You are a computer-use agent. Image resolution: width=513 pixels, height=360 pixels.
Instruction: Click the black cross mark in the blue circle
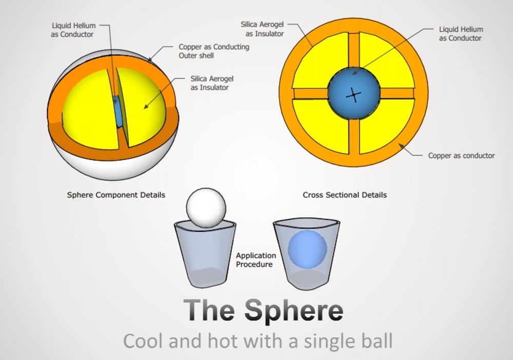click(353, 94)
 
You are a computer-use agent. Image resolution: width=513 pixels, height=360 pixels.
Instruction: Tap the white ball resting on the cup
click(206, 207)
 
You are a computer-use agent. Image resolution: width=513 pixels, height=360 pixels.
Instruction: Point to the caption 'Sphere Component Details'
click(116, 195)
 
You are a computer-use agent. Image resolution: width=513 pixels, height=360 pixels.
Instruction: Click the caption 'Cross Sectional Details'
click(345, 195)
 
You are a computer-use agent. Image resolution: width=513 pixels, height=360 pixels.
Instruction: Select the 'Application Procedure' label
click(256, 259)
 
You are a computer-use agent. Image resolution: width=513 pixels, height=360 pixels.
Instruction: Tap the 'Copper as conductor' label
click(461, 155)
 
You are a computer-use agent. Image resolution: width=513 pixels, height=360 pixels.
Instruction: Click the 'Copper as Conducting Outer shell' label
click(214, 51)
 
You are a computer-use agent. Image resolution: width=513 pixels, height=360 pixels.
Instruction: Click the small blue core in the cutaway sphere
click(119, 113)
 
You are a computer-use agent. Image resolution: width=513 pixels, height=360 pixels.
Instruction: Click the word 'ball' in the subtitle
click(371, 341)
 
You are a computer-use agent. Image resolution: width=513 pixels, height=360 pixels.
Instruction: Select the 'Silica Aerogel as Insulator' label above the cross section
click(260, 29)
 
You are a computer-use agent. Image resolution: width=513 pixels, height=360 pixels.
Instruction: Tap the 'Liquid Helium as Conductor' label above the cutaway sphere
click(74, 30)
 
